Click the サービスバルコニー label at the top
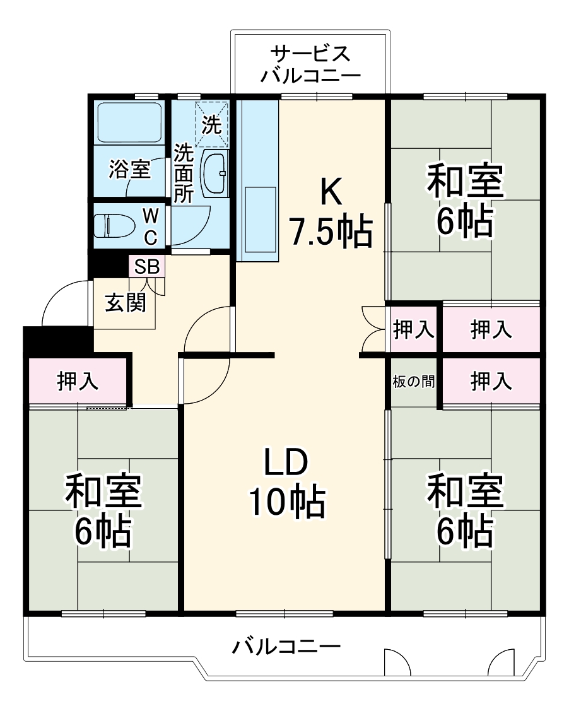click(x=310, y=64)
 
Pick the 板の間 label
click(x=413, y=381)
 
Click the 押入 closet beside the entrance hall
click(x=78, y=381)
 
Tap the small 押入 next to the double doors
click(x=413, y=329)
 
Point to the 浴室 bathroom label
click(x=129, y=169)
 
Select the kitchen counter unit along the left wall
click(x=257, y=180)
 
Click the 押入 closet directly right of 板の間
click(x=491, y=381)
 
